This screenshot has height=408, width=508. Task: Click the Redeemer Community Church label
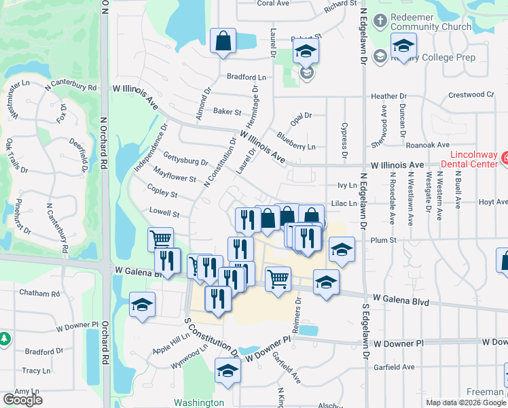coord(432,22)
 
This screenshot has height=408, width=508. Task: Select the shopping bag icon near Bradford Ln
coord(223,41)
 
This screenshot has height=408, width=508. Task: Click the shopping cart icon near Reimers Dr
coord(278,278)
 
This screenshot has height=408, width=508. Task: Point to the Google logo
coord(22,400)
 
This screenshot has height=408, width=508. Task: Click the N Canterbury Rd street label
coord(71,87)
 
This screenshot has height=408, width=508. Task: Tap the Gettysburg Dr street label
coord(185,161)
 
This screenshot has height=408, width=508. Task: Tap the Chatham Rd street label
coord(40,294)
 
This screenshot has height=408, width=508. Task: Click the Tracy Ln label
coord(31,371)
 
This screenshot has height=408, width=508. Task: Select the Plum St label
coord(383,239)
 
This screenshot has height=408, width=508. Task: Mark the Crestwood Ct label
coord(471,95)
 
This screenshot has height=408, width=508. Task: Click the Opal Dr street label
coord(298,116)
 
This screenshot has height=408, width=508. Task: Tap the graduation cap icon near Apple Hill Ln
coord(143,304)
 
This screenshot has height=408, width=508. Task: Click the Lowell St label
coord(165,213)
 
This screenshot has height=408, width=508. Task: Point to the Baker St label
coord(228,112)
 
